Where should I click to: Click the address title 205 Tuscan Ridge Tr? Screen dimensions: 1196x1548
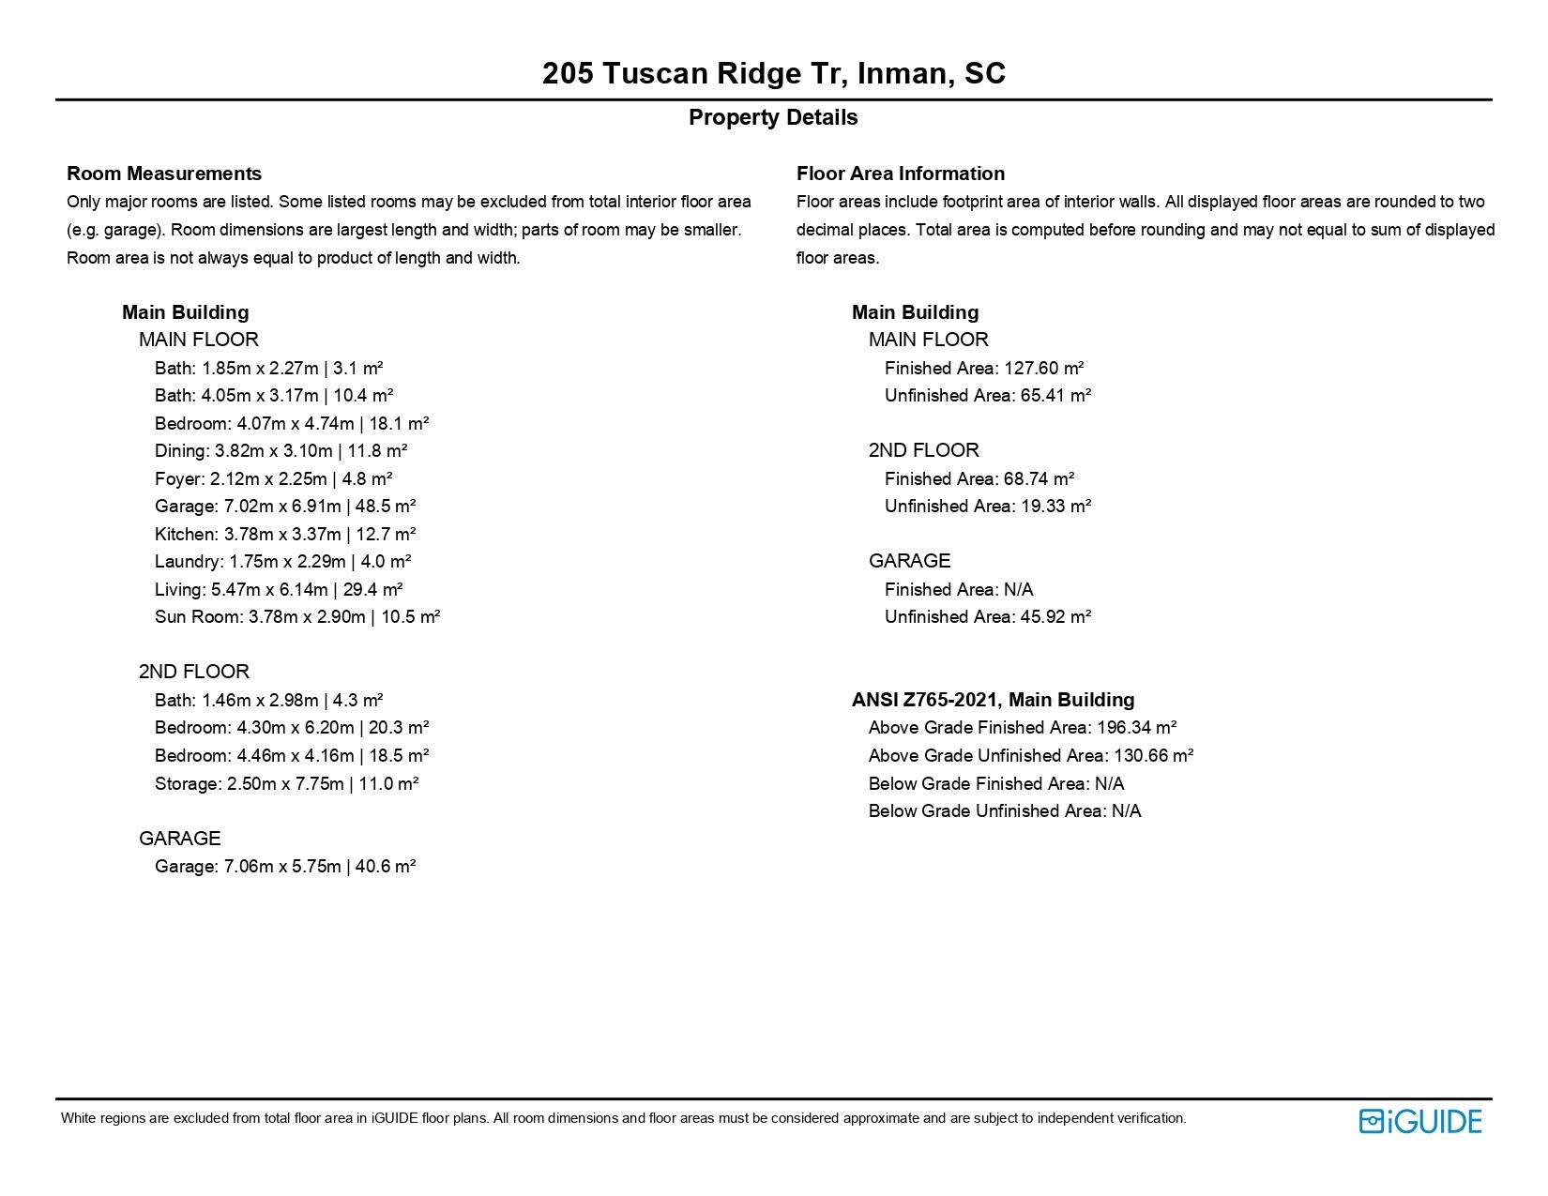773,73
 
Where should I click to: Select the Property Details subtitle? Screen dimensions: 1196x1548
773,117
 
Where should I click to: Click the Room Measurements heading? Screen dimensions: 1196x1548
164,174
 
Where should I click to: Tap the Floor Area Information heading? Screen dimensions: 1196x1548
900,174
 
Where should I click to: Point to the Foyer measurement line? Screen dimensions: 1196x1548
273,478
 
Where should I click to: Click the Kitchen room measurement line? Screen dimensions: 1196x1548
285,534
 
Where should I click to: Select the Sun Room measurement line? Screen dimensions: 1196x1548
297,616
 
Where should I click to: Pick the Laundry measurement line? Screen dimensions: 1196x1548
282,561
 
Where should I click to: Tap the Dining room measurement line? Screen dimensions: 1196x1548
281,450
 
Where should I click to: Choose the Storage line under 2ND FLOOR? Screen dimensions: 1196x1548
286,783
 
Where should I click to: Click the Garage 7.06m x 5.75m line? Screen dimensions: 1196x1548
285,866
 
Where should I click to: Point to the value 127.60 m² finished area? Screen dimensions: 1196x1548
1043,368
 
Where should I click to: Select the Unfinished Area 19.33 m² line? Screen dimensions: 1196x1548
987,506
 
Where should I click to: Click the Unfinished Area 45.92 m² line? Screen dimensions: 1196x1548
987,616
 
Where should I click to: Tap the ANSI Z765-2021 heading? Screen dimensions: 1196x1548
993,700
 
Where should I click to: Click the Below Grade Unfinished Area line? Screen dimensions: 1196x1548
1004,810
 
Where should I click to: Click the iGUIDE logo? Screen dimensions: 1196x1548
1419,1121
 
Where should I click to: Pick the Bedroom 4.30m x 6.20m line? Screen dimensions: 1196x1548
292,727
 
